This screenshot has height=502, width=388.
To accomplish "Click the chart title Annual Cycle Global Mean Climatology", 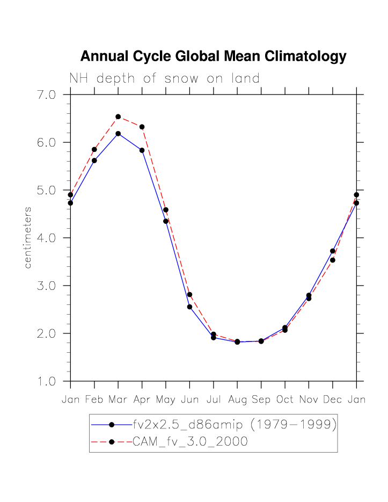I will [x=213, y=56].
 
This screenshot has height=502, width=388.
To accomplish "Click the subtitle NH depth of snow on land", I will [x=164, y=78].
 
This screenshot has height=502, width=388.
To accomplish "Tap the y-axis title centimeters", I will [x=28, y=237].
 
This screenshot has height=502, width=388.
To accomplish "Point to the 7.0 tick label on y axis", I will [x=44, y=95].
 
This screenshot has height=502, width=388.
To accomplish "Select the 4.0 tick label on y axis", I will [x=44, y=238].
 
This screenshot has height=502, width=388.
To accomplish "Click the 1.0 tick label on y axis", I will [x=44, y=381].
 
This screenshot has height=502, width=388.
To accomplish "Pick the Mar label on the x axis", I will [x=118, y=399].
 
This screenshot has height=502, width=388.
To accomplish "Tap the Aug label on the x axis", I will [x=237, y=399].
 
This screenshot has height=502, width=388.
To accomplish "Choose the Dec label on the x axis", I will [x=333, y=399].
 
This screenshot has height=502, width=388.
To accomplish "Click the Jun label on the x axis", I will [x=189, y=399].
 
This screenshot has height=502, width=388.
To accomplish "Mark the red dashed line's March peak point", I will [x=118, y=117].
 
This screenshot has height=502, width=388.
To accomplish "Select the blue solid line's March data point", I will [x=118, y=133].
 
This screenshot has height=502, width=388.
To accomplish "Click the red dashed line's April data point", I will [x=142, y=127].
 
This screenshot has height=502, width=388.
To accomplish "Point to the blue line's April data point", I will [x=142, y=150].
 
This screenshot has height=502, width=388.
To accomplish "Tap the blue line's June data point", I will [x=189, y=307].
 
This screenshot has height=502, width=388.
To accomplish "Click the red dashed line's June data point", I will [x=189, y=294].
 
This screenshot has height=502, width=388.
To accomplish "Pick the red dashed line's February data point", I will [x=94, y=149].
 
